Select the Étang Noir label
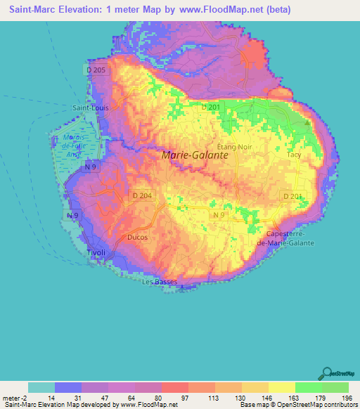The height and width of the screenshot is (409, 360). [x=234, y=145]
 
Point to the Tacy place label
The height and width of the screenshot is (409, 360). [x=294, y=154]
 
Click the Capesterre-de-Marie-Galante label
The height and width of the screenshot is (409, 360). [x=290, y=238]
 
